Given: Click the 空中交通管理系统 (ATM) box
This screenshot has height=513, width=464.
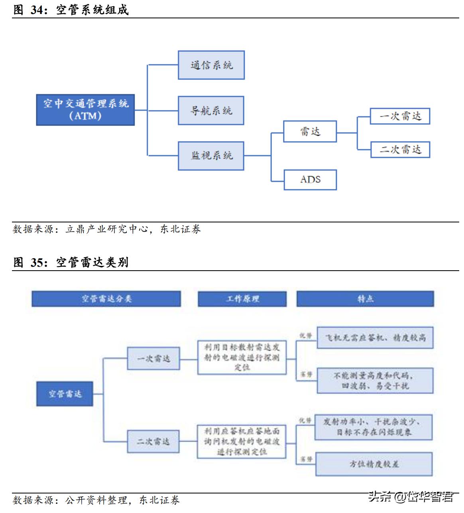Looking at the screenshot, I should [x=85, y=110].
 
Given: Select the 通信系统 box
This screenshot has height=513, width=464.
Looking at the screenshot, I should [x=211, y=65].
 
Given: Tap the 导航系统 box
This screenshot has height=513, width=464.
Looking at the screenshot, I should [x=211, y=110].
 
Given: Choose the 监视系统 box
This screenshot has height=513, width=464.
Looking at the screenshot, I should [x=211, y=156].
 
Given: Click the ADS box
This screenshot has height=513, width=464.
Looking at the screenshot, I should [x=310, y=180].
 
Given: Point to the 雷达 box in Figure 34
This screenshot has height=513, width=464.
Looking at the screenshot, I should [x=310, y=132].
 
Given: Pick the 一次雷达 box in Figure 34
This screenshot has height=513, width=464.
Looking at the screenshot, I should [x=400, y=116].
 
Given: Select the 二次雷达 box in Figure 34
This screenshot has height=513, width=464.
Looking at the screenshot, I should [x=400, y=149].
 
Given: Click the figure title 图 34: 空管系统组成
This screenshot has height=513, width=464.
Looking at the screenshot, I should [x=71, y=10].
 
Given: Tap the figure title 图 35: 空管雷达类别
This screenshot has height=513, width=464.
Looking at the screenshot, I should [x=71, y=262].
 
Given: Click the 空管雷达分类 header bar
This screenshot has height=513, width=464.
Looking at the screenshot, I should [x=106, y=299].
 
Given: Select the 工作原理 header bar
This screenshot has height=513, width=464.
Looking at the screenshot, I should [x=242, y=299].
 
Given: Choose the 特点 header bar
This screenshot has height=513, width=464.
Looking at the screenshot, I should [x=365, y=299].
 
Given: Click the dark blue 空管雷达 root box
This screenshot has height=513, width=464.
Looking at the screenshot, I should [x=65, y=394].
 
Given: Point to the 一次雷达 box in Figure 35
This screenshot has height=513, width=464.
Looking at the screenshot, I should [x=153, y=358].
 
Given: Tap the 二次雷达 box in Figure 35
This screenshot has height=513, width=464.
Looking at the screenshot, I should [x=153, y=441].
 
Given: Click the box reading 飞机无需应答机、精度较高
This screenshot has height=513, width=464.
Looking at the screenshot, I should [x=375, y=338].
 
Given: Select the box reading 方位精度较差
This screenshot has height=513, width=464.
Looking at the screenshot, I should [x=374, y=464].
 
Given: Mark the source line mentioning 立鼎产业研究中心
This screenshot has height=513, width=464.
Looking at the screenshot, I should [x=107, y=229].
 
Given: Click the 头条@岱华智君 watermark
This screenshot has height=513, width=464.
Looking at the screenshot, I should [x=411, y=497].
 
